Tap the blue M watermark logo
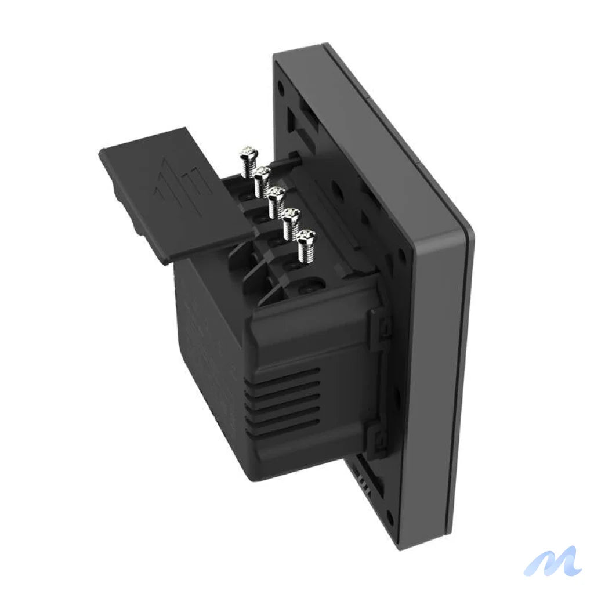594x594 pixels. (x=552, y=561)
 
